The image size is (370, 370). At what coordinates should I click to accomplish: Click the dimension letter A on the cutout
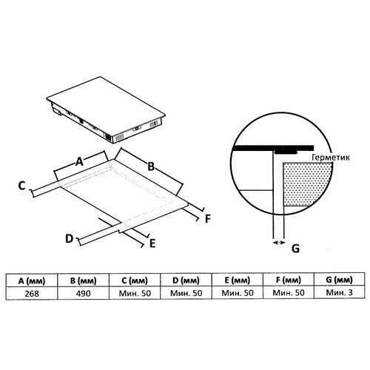79,162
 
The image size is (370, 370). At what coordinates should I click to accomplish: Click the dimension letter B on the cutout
151,166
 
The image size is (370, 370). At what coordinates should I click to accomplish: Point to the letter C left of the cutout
21,186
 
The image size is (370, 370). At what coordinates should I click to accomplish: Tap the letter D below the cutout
70,239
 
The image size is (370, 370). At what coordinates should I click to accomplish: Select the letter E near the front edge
152,243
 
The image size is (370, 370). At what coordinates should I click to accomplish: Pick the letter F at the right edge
208,219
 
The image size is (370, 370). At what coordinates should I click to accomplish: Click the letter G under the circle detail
295,248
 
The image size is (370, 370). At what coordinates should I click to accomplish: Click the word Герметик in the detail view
331,158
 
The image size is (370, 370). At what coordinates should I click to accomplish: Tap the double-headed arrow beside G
279,243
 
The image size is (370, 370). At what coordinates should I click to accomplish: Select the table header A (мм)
32,281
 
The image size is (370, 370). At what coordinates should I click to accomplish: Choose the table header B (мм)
83,280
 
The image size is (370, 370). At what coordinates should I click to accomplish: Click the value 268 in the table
32,294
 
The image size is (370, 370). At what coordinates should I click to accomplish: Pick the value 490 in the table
84,294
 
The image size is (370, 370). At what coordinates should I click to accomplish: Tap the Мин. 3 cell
339,292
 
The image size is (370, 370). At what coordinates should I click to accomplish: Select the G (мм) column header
339,280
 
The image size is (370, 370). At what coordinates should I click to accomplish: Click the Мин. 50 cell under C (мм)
135,293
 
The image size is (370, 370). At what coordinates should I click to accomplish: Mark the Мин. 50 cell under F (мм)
289,293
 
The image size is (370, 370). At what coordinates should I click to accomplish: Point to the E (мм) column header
238,280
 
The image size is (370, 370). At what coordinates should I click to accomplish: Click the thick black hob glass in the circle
273,148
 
